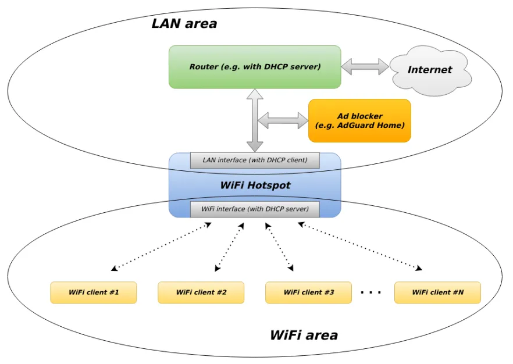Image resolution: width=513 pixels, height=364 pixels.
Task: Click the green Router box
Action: click(255, 67)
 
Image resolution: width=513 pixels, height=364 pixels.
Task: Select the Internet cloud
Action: click(430, 70)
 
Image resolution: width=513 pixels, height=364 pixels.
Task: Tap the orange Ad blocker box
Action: click(359, 120)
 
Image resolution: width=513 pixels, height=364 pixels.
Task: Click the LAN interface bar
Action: click(255, 160)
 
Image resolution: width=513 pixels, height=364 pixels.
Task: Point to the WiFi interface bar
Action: click(255, 209)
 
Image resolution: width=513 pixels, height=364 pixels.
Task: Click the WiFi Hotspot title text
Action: click(255, 185)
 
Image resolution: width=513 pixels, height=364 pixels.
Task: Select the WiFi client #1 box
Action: click(94, 292)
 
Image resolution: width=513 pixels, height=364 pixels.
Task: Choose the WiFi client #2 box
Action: click(201, 292)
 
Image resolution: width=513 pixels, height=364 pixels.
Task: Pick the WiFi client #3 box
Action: click(309, 292)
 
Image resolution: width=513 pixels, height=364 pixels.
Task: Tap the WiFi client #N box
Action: click(437, 292)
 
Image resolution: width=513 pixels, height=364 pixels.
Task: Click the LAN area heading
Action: click(184, 24)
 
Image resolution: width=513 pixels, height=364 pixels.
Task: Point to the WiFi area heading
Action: click(304, 335)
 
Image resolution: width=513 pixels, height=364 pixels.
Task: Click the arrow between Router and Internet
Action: click(365, 66)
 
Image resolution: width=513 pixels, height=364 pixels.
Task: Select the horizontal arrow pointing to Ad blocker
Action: click(283, 120)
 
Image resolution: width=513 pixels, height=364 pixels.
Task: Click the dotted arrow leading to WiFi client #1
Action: click(161, 247)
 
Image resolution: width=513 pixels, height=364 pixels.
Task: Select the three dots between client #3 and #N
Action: click(370, 292)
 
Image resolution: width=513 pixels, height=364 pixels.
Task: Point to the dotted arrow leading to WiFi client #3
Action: click(279, 247)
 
